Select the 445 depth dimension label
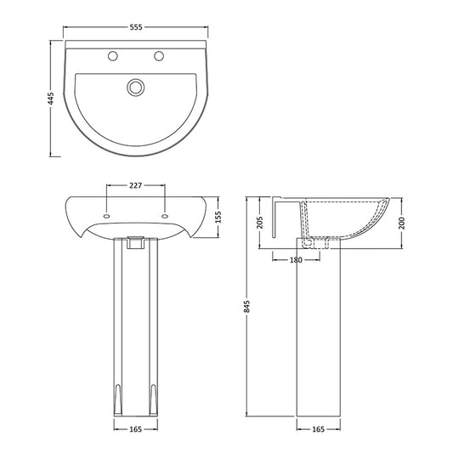point(52,99)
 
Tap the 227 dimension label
point(134,184)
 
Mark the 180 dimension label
point(296,261)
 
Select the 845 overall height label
point(247,309)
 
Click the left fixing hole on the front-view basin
point(105,215)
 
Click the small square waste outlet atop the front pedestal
point(133,241)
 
